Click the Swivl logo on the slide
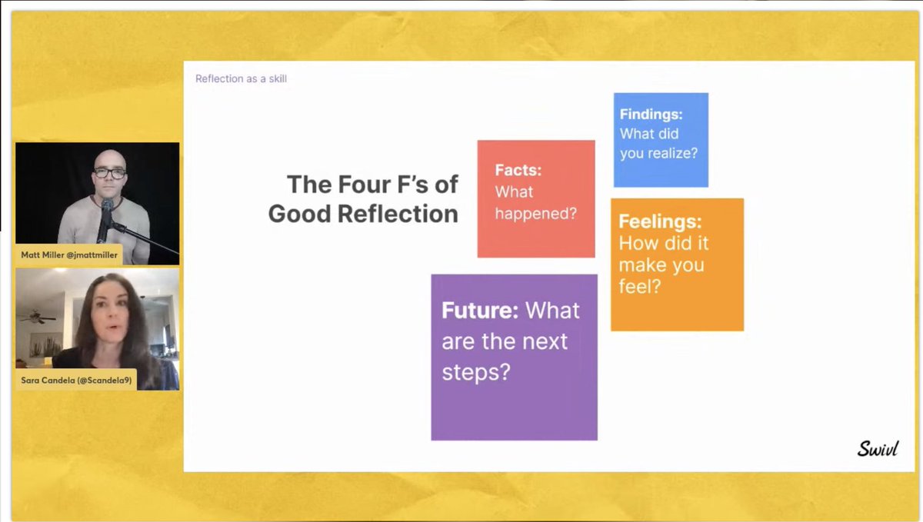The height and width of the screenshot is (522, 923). point(877,448)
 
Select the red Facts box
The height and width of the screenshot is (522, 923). point(535,198)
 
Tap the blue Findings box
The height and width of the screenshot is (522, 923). point(661,140)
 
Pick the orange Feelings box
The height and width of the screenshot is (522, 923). point(677,264)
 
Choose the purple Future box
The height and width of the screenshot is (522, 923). point(514,357)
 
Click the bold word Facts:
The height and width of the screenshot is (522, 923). point(518,170)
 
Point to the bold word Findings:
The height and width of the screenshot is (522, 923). point(651,114)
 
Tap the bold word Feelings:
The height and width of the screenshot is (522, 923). point(661,222)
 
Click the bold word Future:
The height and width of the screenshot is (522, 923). point(479,311)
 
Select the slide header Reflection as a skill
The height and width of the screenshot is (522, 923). point(241,78)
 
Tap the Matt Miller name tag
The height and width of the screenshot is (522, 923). point(69,254)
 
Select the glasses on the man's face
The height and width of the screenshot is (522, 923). point(110,172)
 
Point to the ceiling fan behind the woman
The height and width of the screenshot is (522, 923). point(38,318)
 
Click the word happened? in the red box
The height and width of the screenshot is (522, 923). point(535,213)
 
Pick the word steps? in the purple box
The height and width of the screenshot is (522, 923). point(476,372)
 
